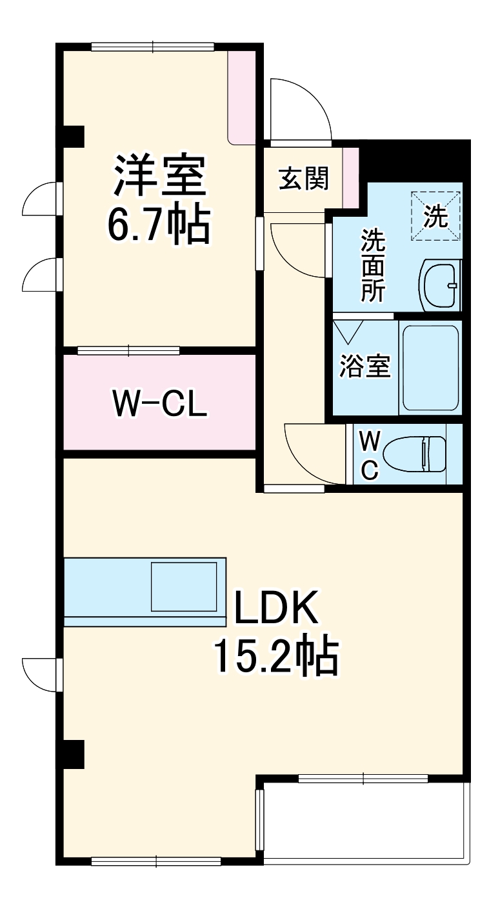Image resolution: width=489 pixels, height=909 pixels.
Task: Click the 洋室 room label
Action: pyautogui.click(x=160, y=175)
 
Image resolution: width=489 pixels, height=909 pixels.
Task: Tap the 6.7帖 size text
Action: pyautogui.click(x=159, y=225)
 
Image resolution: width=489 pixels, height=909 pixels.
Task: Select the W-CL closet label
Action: pyautogui.click(x=159, y=403)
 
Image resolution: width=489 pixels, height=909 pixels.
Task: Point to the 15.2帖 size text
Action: pyautogui.click(x=275, y=655)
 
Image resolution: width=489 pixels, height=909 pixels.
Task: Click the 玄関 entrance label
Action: pyautogui.click(x=303, y=178)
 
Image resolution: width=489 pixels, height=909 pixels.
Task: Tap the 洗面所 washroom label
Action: pyautogui.click(x=372, y=265)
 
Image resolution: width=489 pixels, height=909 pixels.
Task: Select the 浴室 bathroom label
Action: pyautogui.click(x=365, y=366)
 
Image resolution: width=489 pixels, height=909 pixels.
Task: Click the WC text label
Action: pyautogui.click(x=368, y=455)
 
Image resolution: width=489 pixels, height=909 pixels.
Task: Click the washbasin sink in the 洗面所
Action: pyautogui.click(x=441, y=285)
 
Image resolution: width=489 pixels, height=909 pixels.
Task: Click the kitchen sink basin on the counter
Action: pyautogui.click(x=184, y=586)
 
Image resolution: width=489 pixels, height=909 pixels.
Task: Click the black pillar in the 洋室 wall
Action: pyautogui.click(x=73, y=135)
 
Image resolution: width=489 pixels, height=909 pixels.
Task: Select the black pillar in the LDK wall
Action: pyautogui.click(x=73, y=754)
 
